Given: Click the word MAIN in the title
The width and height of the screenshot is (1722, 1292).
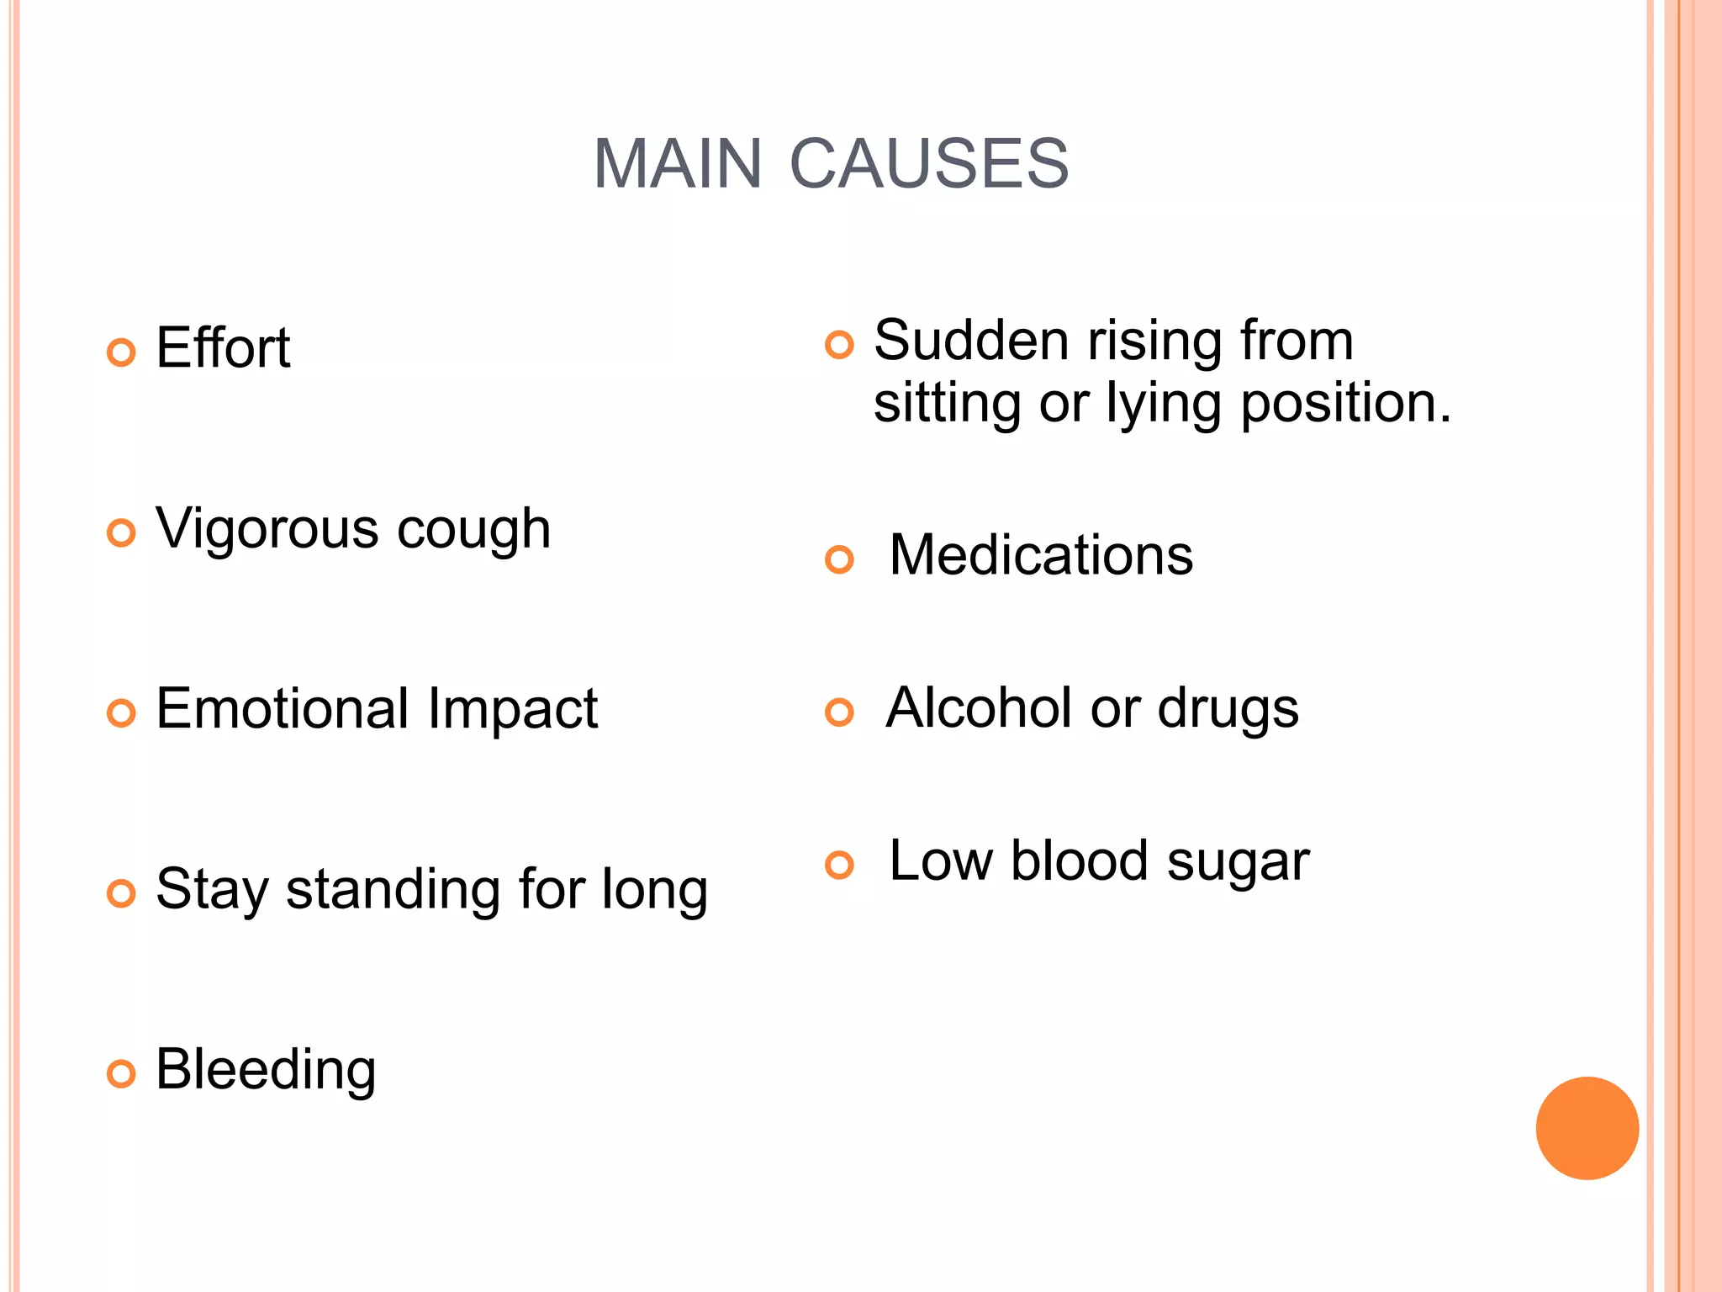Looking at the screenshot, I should pyautogui.click(x=677, y=163).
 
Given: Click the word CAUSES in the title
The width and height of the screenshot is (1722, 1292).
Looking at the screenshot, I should pyautogui.click(x=929, y=163).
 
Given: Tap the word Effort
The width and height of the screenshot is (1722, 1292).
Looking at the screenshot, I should pyautogui.click(x=223, y=347).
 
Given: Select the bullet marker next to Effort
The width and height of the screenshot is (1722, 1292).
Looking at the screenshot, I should pyautogui.click(x=121, y=352).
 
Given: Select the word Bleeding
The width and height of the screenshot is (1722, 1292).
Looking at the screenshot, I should pyautogui.click(x=266, y=1070).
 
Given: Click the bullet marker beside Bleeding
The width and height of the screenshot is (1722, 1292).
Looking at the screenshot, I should pyautogui.click(x=121, y=1074).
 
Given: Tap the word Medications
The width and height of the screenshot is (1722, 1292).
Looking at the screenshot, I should pyautogui.click(x=1041, y=555).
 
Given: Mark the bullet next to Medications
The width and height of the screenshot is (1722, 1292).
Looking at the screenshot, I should pyautogui.click(x=839, y=559).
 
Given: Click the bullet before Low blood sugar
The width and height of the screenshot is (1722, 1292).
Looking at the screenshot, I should pyautogui.click(x=839, y=865).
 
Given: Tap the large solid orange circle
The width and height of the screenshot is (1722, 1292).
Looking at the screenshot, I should pyautogui.click(x=1587, y=1128).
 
